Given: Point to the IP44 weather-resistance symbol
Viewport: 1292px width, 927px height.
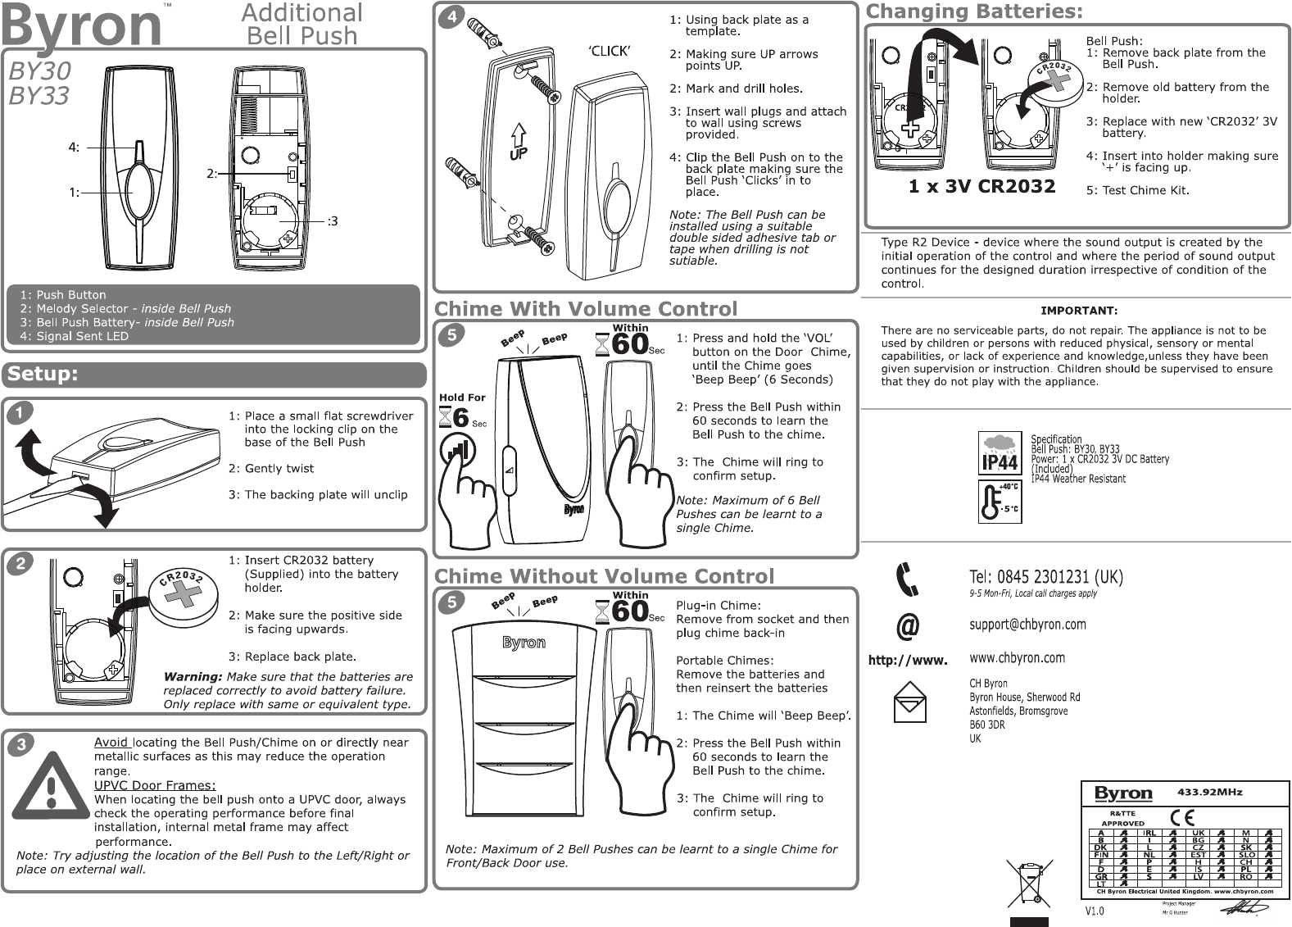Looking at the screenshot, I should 1000,453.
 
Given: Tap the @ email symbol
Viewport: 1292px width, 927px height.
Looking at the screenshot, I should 907,626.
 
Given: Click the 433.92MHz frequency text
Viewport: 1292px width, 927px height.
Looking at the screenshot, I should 1209,793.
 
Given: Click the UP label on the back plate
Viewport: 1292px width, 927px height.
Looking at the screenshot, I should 519,152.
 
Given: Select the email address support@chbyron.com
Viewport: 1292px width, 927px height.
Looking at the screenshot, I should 1027,625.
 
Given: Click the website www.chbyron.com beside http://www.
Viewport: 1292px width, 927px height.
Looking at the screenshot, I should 1017,658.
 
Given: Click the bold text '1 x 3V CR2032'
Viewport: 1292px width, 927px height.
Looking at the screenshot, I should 981,187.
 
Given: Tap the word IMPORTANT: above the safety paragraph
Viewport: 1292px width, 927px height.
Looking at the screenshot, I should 1078,311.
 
